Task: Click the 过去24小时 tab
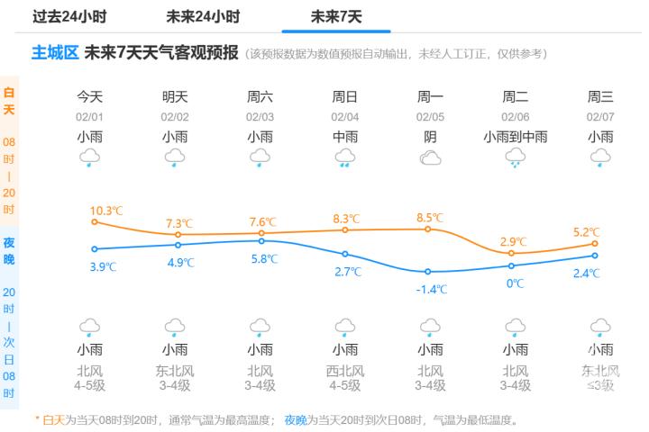tap(69, 16)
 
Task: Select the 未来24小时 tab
tap(203, 16)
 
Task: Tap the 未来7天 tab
tap(336, 16)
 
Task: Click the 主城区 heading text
tap(55, 53)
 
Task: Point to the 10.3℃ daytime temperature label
tap(105, 211)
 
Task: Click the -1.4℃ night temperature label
tap(431, 289)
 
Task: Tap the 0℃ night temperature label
tap(515, 283)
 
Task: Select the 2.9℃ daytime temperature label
tap(514, 241)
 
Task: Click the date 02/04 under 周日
tap(345, 116)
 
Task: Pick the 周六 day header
tap(260, 96)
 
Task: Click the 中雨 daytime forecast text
tap(345, 137)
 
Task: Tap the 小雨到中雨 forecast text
tap(515, 137)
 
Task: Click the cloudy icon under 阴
tap(430, 159)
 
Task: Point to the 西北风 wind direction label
tap(345, 370)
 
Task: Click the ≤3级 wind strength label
tap(600, 385)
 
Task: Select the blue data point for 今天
tap(94, 248)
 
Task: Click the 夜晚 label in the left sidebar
tap(9, 251)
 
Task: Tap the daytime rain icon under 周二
tap(515, 159)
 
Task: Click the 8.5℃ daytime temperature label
tap(431, 217)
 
